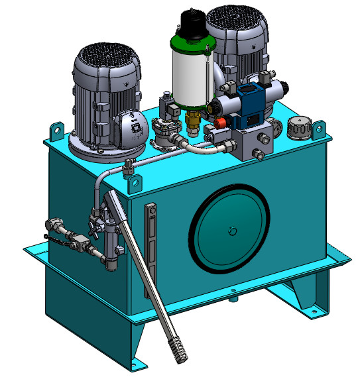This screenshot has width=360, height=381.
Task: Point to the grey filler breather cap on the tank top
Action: tap(300, 127)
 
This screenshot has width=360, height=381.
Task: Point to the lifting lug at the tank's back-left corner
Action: tap(56, 130)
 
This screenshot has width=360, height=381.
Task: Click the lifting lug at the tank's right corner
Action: tap(319, 129)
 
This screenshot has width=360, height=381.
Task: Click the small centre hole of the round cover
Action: tap(231, 231)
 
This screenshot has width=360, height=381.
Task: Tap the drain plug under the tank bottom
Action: tap(234, 299)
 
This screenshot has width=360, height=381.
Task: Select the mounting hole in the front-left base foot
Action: tap(137, 362)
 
